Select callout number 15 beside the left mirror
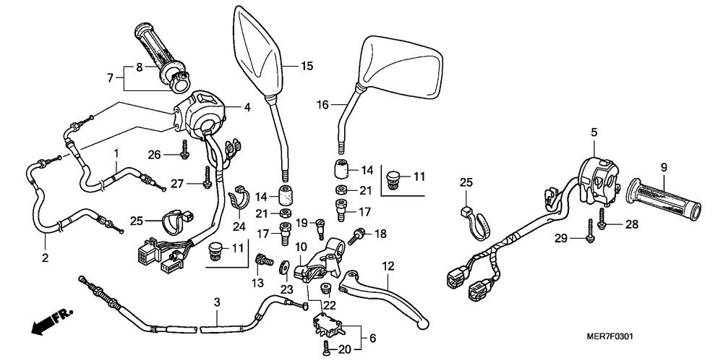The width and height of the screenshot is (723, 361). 307,67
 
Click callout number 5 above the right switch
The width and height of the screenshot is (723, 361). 594,132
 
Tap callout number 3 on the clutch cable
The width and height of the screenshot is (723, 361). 215,300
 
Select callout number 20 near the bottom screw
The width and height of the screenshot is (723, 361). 345,349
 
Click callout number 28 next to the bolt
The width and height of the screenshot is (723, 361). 631,225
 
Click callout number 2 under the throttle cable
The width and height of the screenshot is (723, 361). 46,258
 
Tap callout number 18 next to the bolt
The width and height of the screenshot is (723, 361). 381,233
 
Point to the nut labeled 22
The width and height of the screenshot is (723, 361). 325,289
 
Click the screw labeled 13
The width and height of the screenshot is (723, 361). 264,259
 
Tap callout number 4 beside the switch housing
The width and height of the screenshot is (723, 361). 247,107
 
